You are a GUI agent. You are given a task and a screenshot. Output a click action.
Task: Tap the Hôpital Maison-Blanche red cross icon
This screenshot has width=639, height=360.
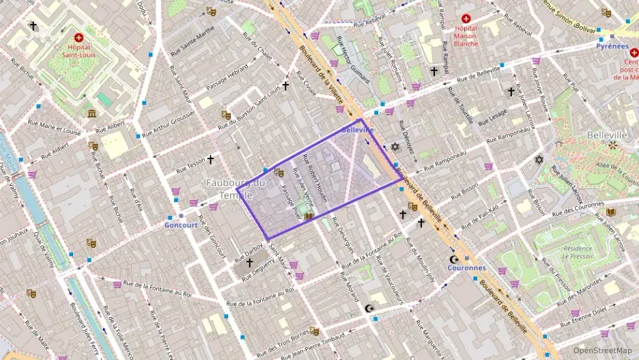[466, 18]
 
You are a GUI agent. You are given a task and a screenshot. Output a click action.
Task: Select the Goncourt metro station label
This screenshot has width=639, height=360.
[181, 225]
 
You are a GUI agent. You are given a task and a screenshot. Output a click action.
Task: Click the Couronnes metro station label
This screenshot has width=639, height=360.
[466, 268]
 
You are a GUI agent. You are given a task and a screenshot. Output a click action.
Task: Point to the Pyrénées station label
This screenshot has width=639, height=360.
[612, 46]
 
